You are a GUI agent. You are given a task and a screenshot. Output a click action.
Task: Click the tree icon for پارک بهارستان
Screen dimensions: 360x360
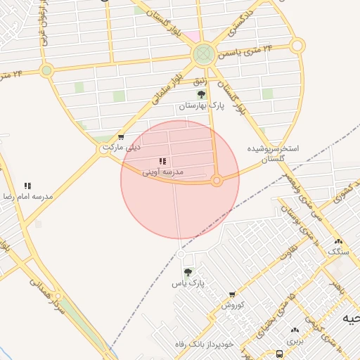[x=202, y=94]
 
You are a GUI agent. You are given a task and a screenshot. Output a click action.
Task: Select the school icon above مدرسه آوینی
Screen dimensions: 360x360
[x=163, y=162]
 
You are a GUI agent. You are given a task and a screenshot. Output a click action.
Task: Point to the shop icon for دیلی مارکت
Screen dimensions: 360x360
[x=122, y=137]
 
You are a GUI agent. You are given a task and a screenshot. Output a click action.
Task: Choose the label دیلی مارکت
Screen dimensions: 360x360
[x=122, y=147]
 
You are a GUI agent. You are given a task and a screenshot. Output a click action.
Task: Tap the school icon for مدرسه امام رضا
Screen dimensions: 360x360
[x=27, y=186]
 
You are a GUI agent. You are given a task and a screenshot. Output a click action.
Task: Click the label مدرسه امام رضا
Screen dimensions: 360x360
[x=27, y=196]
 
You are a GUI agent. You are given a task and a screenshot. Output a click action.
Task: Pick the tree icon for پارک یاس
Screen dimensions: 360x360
[x=188, y=272]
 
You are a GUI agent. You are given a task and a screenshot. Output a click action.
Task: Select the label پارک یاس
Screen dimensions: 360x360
[x=188, y=283]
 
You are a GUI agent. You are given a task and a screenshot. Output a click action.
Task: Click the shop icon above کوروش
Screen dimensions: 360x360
[x=233, y=295]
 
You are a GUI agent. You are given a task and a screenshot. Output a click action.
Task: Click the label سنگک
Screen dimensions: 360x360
[x=338, y=251]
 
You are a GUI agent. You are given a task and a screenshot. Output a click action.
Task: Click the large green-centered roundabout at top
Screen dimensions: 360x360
[x=203, y=53]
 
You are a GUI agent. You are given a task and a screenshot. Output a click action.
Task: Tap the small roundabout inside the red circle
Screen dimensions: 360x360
[x=217, y=181]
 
